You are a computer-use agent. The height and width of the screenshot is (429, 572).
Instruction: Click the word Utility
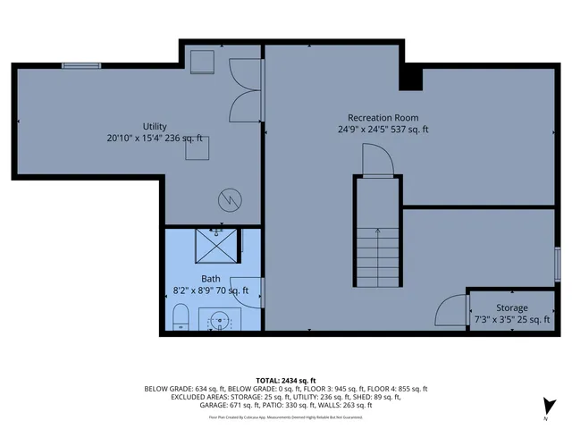pos(155,126)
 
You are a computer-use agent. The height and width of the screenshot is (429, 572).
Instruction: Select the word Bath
pos(211,278)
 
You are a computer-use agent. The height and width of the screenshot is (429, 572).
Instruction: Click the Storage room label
pos(512,307)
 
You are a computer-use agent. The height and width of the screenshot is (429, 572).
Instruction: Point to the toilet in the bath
pos(179,316)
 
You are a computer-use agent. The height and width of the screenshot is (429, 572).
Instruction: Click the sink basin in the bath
pos(220,317)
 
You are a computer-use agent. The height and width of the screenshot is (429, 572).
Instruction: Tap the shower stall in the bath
pos(219,245)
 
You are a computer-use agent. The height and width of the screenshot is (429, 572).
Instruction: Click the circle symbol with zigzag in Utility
pos(231,199)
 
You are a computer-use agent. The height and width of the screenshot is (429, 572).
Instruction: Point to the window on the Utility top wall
pos(80,64)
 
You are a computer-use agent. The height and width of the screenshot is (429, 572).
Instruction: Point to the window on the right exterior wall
pos(557,265)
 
